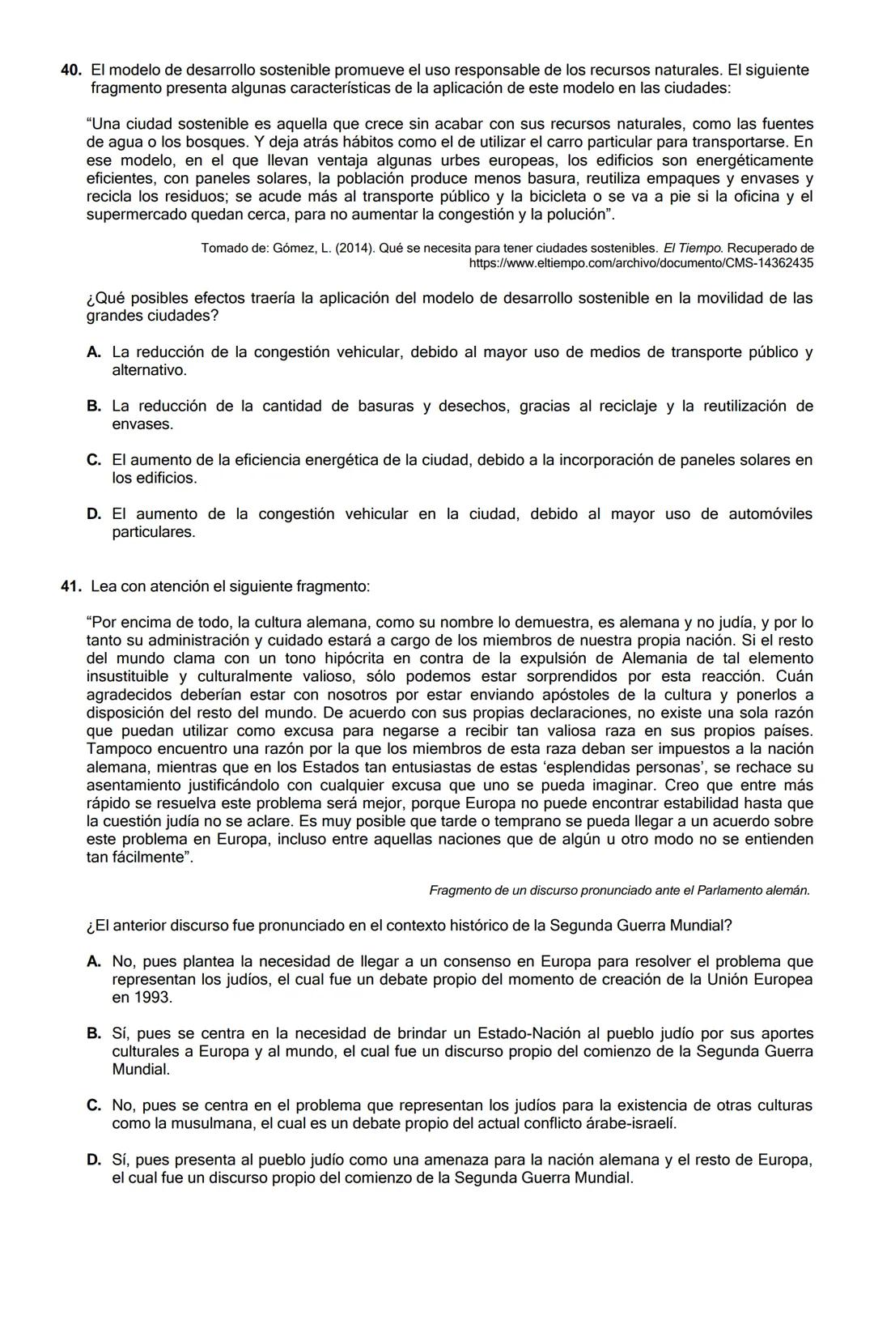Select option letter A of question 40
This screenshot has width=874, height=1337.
point(94,352)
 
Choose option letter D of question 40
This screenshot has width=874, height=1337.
point(94,514)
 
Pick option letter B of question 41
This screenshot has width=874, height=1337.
point(94,1034)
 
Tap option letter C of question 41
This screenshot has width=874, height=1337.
point(94,1105)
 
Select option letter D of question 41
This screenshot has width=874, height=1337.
point(94,1160)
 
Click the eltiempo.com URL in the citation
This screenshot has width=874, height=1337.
point(641,263)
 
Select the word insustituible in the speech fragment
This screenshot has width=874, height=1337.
point(128,676)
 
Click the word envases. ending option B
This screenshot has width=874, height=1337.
point(142,424)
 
